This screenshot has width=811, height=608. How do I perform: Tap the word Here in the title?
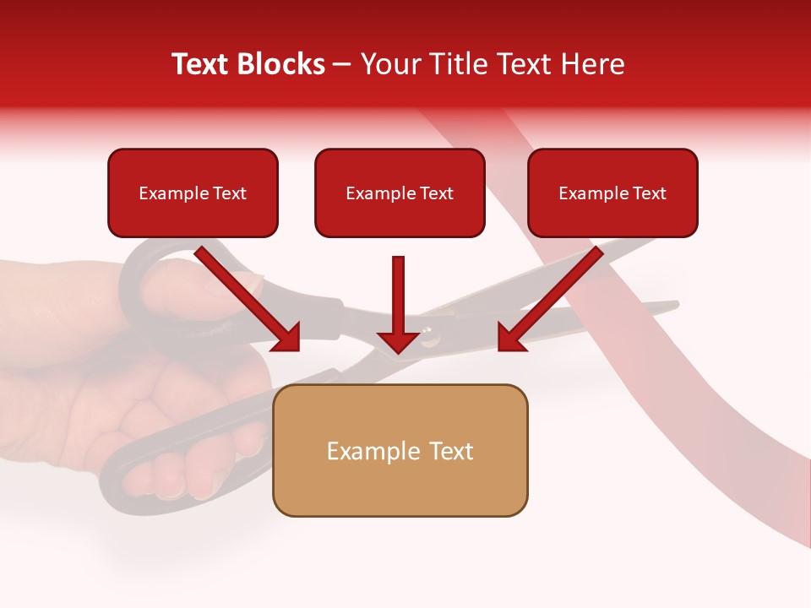pos(592,64)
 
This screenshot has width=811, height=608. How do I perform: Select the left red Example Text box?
pos(193,193)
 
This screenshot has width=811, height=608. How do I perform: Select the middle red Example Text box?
pos(400,193)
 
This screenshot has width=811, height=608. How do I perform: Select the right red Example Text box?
pos(612,193)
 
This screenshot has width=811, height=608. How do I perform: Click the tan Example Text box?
pos(400,450)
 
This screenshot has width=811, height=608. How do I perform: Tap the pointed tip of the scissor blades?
pos(677,303)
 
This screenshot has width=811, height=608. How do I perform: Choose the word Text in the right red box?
pos(649,193)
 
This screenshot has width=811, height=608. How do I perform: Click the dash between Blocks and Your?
pos(342,65)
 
